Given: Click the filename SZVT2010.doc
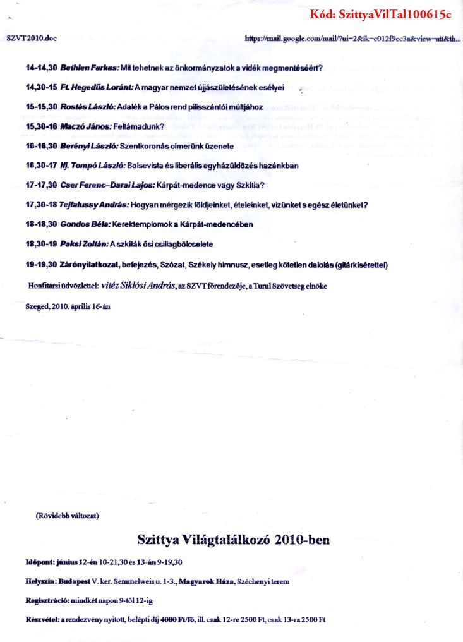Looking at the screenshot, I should [x=32, y=39].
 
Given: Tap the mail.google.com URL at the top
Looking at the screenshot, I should [x=352, y=39].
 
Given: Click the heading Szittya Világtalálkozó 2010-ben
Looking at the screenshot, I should [x=233, y=540].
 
